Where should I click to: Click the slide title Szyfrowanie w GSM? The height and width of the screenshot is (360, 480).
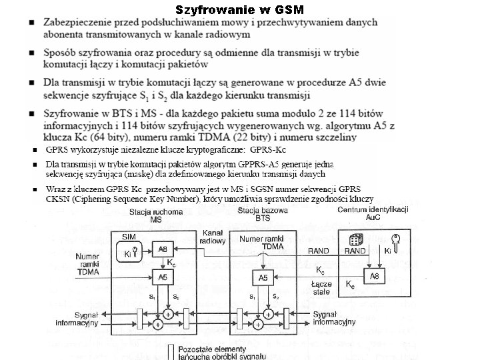click(239, 9)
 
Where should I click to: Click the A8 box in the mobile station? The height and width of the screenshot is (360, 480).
click(162, 249)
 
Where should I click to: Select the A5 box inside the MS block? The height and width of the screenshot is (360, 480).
click(162, 276)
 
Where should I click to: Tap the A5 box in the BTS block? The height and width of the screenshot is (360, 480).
click(263, 278)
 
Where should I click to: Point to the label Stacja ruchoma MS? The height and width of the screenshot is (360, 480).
click(155, 215)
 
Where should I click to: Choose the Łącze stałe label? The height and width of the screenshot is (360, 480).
click(321, 288)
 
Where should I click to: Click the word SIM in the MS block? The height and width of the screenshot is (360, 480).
click(130, 237)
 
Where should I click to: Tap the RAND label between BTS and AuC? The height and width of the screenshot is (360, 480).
click(318, 251)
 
